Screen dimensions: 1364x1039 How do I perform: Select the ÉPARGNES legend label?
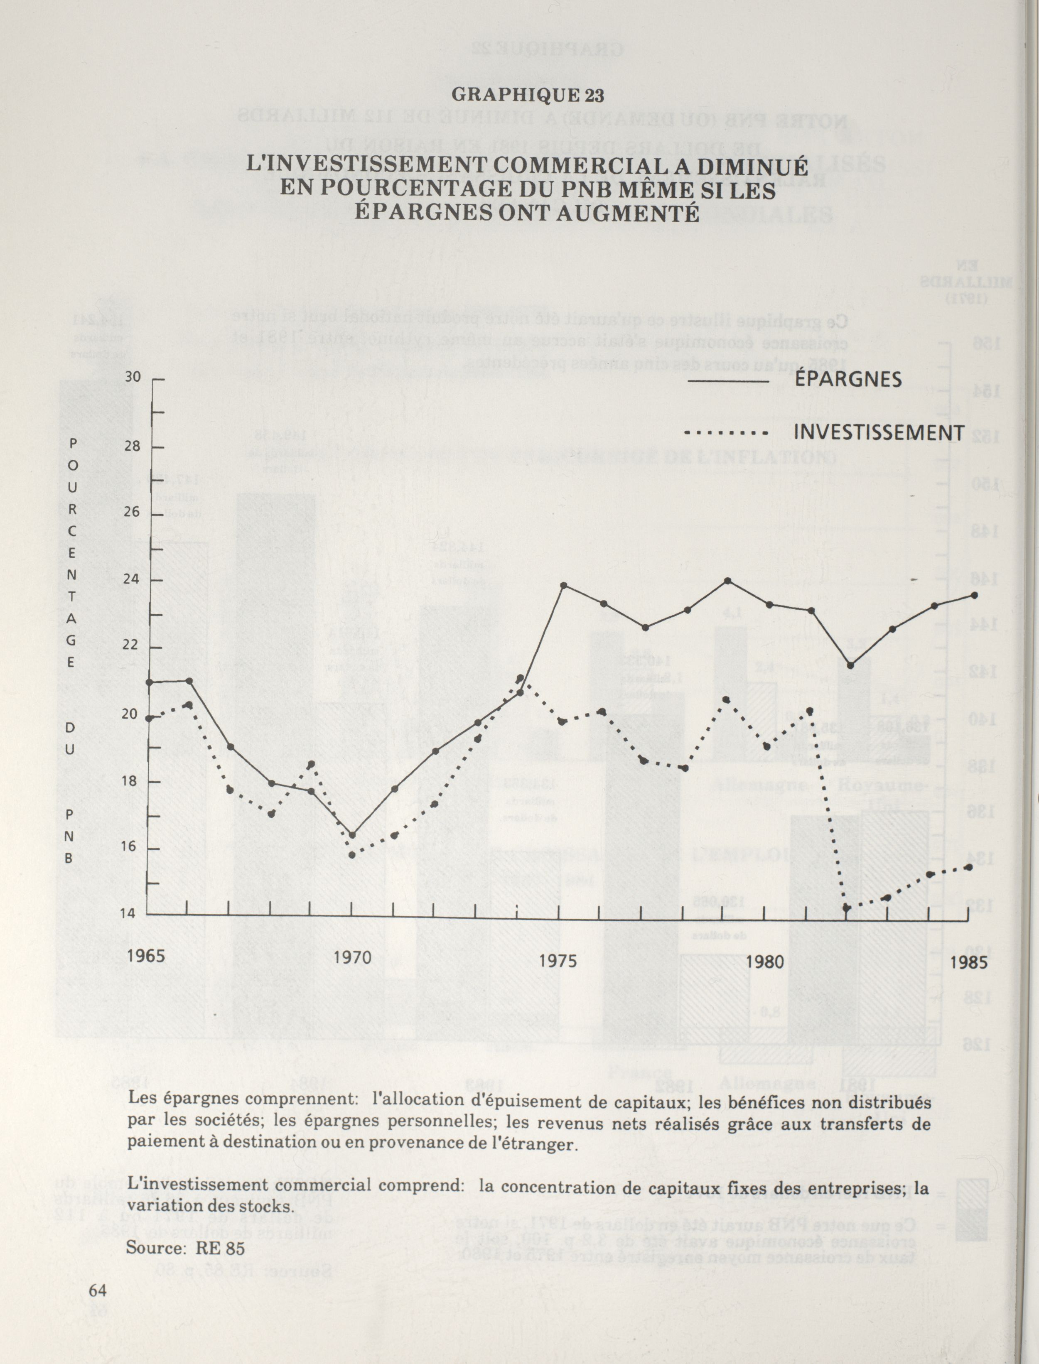(848, 379)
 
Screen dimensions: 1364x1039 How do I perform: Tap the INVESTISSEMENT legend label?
(879, 433)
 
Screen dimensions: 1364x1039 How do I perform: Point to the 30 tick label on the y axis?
(133, 377)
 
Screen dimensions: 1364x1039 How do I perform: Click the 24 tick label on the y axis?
(131, 579)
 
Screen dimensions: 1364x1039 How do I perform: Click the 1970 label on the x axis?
(353, 958)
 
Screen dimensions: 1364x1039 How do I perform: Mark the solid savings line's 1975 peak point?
(563, 585)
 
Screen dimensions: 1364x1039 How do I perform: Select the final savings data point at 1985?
(975, 595)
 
